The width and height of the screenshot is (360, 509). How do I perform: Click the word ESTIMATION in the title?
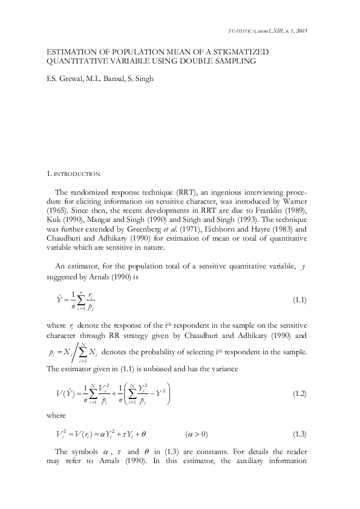(x=71, y=53)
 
